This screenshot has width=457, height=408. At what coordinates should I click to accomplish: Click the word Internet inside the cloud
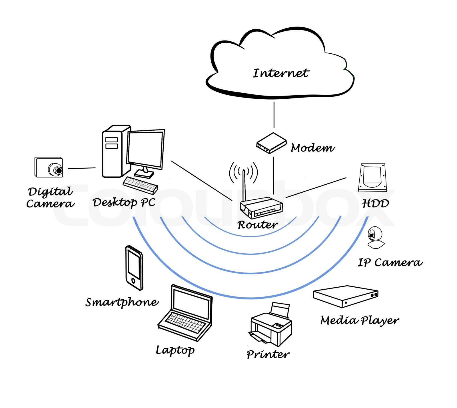[280, 73]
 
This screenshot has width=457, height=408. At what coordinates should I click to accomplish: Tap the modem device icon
[271, 143]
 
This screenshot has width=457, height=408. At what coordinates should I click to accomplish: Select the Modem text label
[312, 148]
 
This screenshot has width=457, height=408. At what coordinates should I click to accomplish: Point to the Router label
[257, 225]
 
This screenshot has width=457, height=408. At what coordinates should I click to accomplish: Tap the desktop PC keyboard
[141, 185]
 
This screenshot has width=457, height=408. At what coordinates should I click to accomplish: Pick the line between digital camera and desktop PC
[82, 168]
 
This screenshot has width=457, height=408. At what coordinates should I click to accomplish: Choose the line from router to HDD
[316, 187]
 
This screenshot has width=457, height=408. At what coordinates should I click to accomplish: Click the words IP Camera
[390, 262]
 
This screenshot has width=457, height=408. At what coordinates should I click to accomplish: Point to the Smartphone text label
[122, 302]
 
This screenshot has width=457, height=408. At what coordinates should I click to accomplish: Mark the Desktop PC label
[124, 202]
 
